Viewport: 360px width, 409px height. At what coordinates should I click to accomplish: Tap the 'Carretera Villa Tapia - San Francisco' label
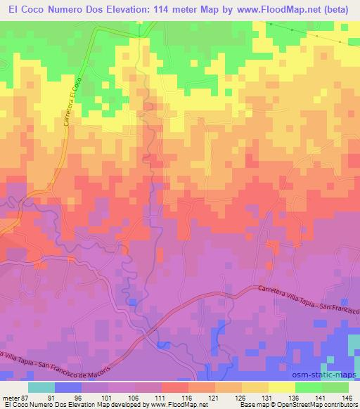(x=309, y=299)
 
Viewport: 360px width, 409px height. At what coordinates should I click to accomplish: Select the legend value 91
(x=50, y=397)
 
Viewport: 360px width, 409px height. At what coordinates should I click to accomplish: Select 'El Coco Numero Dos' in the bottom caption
(x=38, y=405)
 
